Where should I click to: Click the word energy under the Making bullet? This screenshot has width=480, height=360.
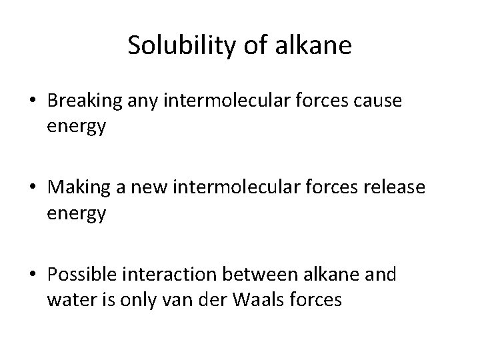(x=77, y=214)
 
